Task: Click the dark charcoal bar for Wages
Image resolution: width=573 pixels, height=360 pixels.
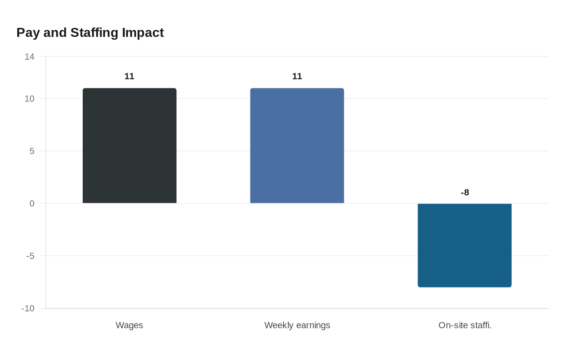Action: tap(129, 146)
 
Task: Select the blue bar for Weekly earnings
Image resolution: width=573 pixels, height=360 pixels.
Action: tap(297, 146)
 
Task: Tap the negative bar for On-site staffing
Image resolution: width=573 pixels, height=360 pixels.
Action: tap(465, 245)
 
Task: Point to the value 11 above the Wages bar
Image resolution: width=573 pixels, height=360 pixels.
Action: tap(129, 76)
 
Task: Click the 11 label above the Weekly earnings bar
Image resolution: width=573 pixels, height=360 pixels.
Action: tap(297, 76)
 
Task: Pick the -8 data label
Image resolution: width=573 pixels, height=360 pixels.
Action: tap(465, 193)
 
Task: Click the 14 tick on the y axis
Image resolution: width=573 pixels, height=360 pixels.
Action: tap(29, 57)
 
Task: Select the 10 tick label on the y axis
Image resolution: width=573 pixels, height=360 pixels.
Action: tap(29, 99)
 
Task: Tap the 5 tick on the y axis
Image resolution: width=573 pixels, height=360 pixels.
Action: tap(32, 151)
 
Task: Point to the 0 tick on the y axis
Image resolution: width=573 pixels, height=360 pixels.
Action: tap(32, 204)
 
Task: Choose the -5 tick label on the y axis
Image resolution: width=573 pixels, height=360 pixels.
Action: tap(30, 256)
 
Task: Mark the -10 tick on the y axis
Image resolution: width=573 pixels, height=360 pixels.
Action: tap(28, 308)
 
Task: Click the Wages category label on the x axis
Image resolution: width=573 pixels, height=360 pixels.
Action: tap(129, 325)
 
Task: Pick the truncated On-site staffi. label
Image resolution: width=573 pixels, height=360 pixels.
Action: tap(465, 325)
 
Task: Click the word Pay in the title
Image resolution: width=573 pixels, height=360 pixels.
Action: tap(28, 33)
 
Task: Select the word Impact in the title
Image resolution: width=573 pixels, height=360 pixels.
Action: tap(143, 33)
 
